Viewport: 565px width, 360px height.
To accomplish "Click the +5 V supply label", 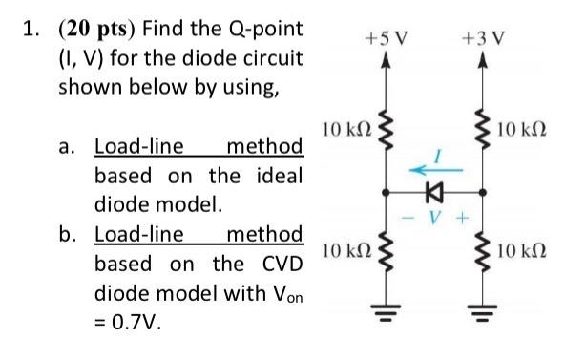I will click(x=386, y=42).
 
